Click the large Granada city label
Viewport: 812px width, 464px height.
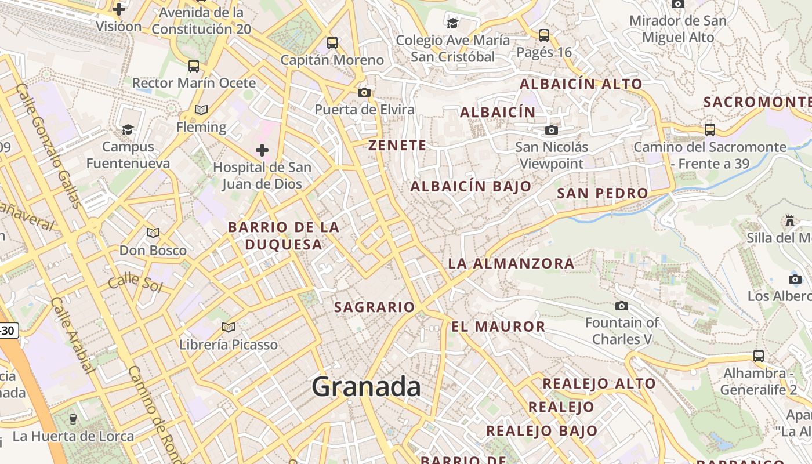pos(366,387)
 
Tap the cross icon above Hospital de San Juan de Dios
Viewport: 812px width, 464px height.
pos(262,151)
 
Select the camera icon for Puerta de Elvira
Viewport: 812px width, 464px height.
pos(364,92)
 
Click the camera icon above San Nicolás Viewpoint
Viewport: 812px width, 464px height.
pos(552,130)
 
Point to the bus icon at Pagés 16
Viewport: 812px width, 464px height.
pos(544,35)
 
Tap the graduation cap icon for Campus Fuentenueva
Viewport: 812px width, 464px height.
pos(128,129)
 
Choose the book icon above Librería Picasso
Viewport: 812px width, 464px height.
pos(229,328)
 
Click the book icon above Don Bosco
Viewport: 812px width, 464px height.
pos(153,233)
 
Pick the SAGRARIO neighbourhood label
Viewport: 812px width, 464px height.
pos(375,307)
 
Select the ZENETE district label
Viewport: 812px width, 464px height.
pos(397,146)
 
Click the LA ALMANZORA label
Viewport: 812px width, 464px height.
pos(511,264)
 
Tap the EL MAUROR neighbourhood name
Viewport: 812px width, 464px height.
pos(498,327)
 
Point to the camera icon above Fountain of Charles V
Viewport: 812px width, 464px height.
pos(622,306)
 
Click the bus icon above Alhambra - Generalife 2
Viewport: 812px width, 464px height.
pos(759,356)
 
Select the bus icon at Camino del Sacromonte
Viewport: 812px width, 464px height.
pos(710,130)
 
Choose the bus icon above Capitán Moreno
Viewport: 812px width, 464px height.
pos(332,42)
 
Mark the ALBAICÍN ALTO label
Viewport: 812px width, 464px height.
pos(581,84)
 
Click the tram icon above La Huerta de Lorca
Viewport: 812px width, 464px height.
pos(73,419)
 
